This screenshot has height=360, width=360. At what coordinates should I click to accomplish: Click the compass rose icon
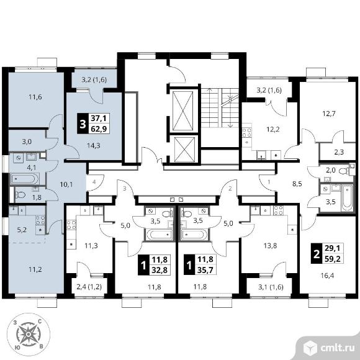[28, 335]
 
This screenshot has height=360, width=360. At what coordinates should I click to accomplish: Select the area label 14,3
[94, 145]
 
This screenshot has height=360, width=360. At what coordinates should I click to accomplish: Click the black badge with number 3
[83, 124]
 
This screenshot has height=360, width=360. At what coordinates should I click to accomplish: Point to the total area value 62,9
[99, 129]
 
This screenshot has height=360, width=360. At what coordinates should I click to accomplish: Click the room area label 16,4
[327, 276]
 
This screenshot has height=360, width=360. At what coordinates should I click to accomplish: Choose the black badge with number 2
[317, 254]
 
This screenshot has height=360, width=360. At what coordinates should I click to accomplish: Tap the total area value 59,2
[333, 259]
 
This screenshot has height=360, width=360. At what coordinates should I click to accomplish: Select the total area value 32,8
[160, 270]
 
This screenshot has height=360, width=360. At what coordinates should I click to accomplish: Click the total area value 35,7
[205, 270]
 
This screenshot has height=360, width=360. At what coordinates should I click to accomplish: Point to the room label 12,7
[328, 114]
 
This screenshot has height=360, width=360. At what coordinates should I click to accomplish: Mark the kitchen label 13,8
[270, 246]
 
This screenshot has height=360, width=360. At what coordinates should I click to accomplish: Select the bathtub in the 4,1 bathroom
[25, 179]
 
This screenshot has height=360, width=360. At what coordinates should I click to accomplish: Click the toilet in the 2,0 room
[344, 171]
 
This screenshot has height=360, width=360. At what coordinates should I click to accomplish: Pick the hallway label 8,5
[297, 184]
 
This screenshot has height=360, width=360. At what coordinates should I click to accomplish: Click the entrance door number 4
[94, 182]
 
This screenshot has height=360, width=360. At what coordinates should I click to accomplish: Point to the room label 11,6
[35, 97]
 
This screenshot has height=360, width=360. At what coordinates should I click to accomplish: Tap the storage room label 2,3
[339, 152]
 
